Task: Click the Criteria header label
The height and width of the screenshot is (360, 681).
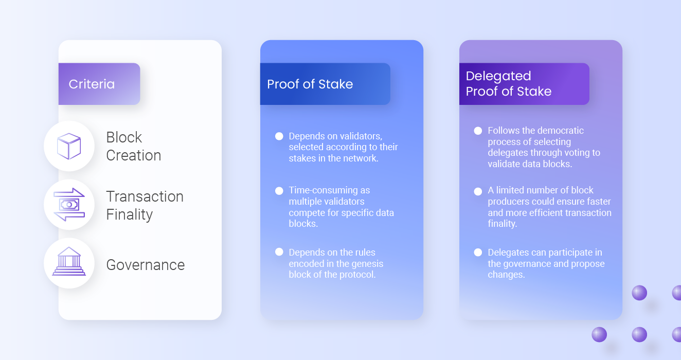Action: point(92,84)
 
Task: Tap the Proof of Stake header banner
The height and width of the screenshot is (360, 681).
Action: point(325,84)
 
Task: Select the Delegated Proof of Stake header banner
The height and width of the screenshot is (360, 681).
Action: point(524,84)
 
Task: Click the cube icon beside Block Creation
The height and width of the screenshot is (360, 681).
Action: point(69,146)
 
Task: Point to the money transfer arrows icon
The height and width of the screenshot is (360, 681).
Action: point(69,205)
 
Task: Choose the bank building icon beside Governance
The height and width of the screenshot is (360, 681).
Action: point(69,261)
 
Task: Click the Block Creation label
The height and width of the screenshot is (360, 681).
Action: point(133,146)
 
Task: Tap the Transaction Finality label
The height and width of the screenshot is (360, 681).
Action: point(145,205)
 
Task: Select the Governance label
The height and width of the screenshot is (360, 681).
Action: point(146,265)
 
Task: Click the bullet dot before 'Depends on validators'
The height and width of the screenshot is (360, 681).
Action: point(279,136)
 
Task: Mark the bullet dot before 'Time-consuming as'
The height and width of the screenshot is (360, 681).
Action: point(279,191)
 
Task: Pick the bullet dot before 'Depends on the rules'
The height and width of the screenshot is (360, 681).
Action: point(279,252)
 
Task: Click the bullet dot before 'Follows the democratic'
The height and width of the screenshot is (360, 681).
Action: point(478,131)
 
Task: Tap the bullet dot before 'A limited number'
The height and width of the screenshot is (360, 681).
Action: point(478,191)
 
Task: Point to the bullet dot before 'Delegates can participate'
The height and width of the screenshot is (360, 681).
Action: point(478,253)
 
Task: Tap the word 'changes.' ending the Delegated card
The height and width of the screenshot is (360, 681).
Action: point(506,275)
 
